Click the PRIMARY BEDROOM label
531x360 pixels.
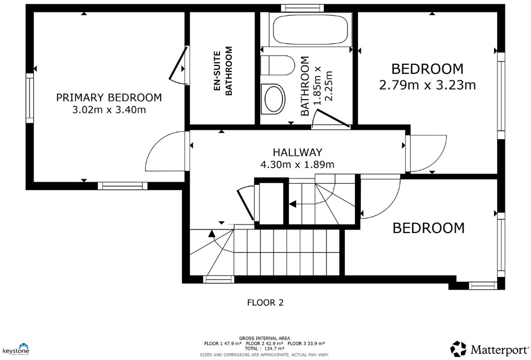pos(109,97)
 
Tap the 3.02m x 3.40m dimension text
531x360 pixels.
pos(109,110)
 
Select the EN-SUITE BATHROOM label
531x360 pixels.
pos(223,71)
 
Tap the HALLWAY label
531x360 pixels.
pos(297,153)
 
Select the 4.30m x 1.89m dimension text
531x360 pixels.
pos(297,164)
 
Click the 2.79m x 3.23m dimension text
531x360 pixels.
pos(427,85)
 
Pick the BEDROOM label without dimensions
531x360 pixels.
pos(428,228)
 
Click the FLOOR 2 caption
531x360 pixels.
pos(265,303)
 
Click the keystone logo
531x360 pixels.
pos(16,349)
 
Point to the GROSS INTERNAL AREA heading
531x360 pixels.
pos(265,338)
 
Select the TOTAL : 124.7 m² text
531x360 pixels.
pos(265,348)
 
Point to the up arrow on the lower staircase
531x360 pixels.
pos(211,234)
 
